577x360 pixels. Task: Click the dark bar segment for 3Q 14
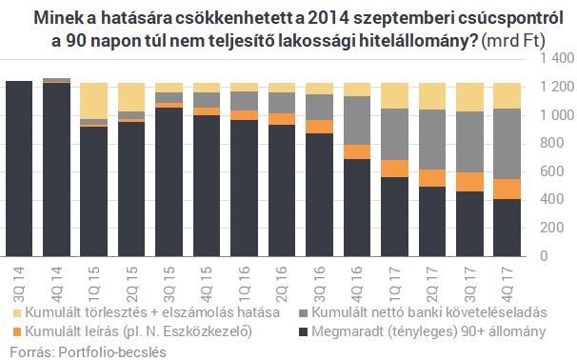(x=19, y=169)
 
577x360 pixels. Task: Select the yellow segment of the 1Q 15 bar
(x=93, y=100)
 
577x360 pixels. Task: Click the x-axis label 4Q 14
(x=57, y=276)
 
